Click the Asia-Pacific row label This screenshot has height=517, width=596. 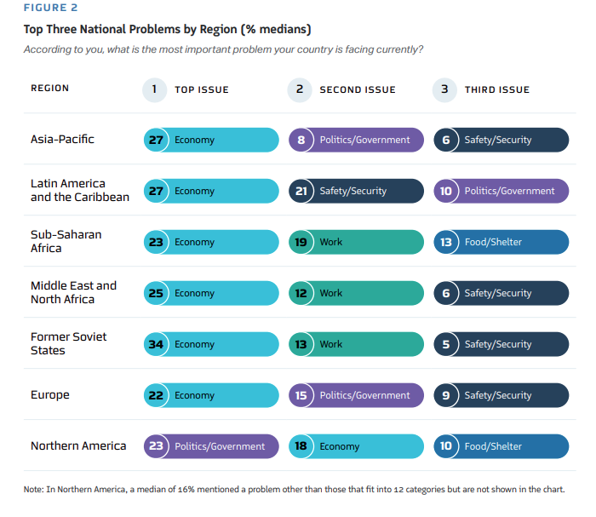click(62, 140)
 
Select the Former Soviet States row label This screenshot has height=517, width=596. click(69, 343)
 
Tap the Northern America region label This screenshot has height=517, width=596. click(78, 445)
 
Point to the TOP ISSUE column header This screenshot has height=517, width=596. click(201, 89)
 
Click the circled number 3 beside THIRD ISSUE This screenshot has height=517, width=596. click(444, 89)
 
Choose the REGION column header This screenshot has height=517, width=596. click(49, 89)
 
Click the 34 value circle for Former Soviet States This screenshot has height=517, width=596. click(156, 344)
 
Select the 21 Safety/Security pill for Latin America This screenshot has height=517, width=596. click(356, 191)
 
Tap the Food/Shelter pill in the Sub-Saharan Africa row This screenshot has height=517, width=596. click(501, 242)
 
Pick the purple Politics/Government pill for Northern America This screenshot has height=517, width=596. click(211, 446)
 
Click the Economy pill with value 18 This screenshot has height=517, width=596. click(356, 446)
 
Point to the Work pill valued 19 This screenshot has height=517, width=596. click(356, 242)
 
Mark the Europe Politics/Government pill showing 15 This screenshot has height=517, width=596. click(356, 395)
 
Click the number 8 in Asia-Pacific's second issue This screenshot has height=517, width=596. click(301, 140)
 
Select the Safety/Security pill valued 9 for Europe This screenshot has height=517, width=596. click(501, 395)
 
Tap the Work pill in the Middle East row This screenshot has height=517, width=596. click(356, 293)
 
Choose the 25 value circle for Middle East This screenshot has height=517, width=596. click(156, 293)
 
